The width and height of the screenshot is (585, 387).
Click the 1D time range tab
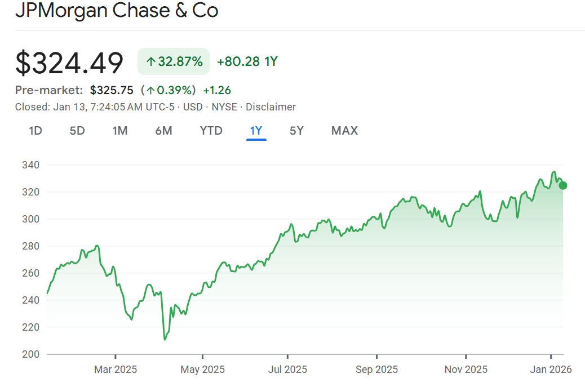[x=36, y=131]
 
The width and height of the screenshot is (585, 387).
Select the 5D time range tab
[x=77, y=131]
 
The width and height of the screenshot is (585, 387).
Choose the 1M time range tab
[x=119, y=131]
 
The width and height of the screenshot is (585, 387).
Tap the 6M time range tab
[x=163, y=131]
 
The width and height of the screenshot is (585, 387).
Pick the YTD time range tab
[x=211, y=131]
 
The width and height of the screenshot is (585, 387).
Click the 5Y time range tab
[x=296, y=131]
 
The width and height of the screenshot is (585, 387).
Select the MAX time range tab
[x=344, y=131]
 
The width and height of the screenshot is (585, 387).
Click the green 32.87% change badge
[x=174, y=61]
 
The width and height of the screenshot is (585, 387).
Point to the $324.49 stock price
[x=69, y=63]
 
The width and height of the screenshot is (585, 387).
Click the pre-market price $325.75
[x=112, y=90]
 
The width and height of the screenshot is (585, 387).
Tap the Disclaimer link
[x=271, y=107]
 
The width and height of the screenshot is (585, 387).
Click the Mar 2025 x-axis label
[x=116, y=370]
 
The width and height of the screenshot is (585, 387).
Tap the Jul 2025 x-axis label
[x=287, y=370]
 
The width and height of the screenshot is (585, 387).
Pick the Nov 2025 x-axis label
[x=466, y=370]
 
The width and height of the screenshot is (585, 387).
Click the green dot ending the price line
[x=562, y=185]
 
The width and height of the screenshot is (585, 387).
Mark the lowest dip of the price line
[x=165, y=339]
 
